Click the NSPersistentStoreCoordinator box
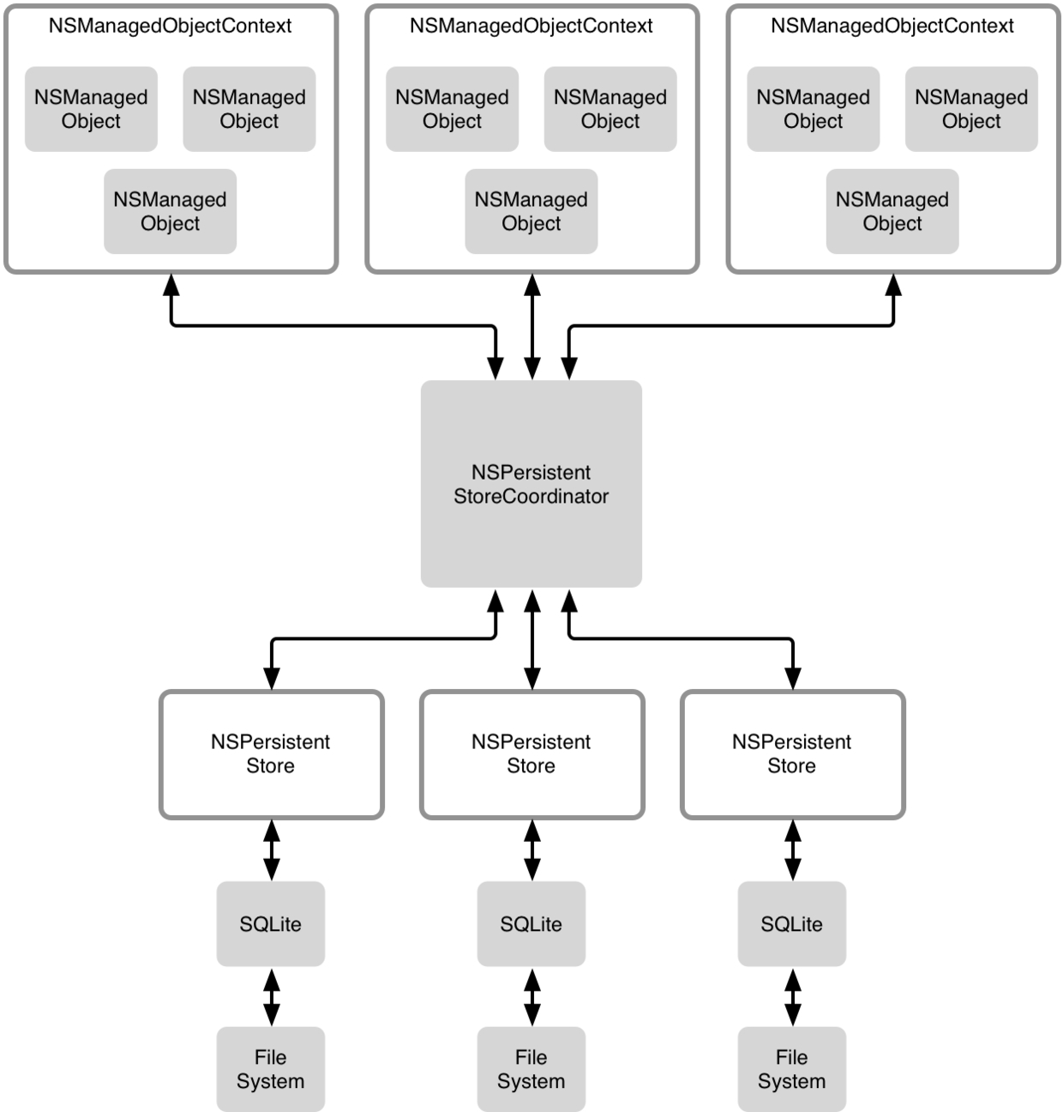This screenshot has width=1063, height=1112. [531, 484]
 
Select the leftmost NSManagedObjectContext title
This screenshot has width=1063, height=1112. [170, 26]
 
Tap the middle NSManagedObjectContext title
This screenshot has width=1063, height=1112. [531, 26]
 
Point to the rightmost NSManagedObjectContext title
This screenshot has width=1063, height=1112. [892, 26]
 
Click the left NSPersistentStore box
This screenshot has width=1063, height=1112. [271, 754]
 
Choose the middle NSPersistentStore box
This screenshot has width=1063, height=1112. [531, 754]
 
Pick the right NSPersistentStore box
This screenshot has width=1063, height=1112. [792, 754]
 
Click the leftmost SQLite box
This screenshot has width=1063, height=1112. [271, 924]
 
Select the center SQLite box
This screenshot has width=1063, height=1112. [531, 924]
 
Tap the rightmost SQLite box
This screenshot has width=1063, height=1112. [792, 924]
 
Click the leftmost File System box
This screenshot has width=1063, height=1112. [271, 1069]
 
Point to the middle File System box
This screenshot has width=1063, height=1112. [531, 1069]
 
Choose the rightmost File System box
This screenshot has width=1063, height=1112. [792, 1069]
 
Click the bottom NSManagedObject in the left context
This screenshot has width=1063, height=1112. [170, 211]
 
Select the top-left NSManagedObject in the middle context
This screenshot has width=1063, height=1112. [452, 109]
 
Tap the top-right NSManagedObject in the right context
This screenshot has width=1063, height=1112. [971, 109]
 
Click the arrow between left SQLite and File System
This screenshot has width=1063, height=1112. [272, 997]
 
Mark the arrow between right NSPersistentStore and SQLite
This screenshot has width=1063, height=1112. [793, 850]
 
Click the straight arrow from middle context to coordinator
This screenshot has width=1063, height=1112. [532, 326]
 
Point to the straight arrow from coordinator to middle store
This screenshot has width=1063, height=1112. [532, 639]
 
